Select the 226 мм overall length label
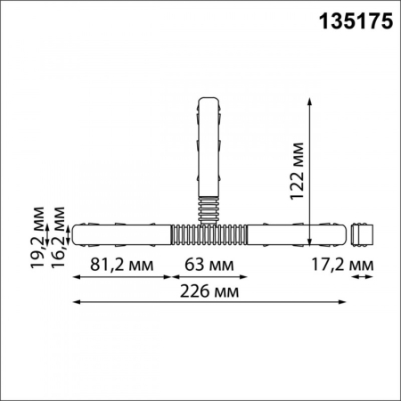click(210, 291)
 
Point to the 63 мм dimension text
click(210, 264)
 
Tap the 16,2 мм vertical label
click(58, 229)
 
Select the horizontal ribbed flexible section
click(209, 236)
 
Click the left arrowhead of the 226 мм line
click(75, 302)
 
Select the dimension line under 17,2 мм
click(359, 277)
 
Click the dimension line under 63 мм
click(210, 277)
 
